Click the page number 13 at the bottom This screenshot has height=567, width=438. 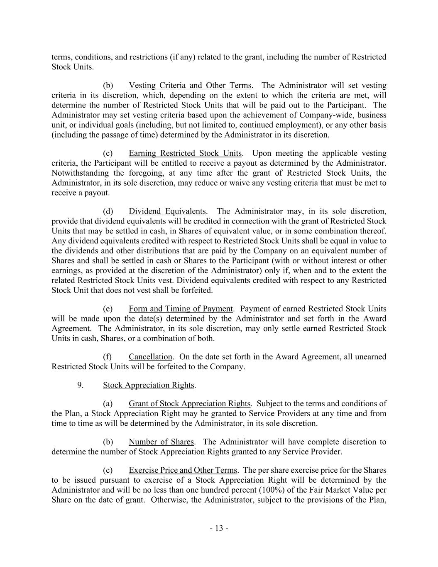coord(219,528)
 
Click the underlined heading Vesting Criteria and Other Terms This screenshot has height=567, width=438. coord(190,86)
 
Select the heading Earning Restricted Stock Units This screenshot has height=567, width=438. coord(185,153)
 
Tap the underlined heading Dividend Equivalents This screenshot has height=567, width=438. coord(167,211)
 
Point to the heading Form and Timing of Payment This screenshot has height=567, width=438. coord(181,309)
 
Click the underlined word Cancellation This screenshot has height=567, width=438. coord(150,357)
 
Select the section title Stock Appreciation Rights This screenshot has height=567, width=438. coord(149,385)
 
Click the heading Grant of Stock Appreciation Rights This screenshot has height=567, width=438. coord(189,404)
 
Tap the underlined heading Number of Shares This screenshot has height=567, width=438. coord(161,442)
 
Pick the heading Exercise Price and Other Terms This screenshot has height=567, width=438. coord(183,470)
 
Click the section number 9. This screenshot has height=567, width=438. coord(80,385)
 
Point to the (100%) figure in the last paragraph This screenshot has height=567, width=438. coord(260,490)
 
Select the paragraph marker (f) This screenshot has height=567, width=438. coord(107,357)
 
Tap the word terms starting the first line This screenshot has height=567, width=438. coord(60,57)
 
